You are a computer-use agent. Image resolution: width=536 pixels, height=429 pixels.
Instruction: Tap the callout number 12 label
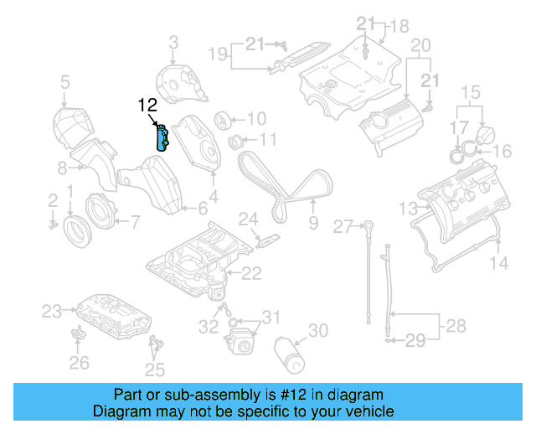pyautogui.click(x=147, y=106)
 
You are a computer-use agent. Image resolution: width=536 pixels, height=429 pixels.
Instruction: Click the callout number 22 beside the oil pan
pyautogui.click(x=251, y=272)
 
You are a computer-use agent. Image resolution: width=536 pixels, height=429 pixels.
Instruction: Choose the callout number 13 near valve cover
pyautogui.click(x=407, y=207)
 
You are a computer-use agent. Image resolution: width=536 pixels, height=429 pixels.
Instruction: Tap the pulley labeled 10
pyautogui.click(x=224, y=119)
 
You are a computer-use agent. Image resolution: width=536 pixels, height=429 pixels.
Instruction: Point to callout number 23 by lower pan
pyautogui.click(x=53, y=312)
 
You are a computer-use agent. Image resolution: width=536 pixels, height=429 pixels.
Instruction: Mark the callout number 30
pyautogui.click(x=318, y=331)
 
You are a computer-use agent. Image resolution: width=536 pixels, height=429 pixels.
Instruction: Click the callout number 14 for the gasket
pyautogui.click(x=499, y=265)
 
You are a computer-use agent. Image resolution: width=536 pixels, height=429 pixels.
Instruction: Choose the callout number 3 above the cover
pyautogui.click(x=173, y=41)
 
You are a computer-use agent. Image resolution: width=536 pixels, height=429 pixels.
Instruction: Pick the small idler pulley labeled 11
pyautogui.click(x=237, y=139)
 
